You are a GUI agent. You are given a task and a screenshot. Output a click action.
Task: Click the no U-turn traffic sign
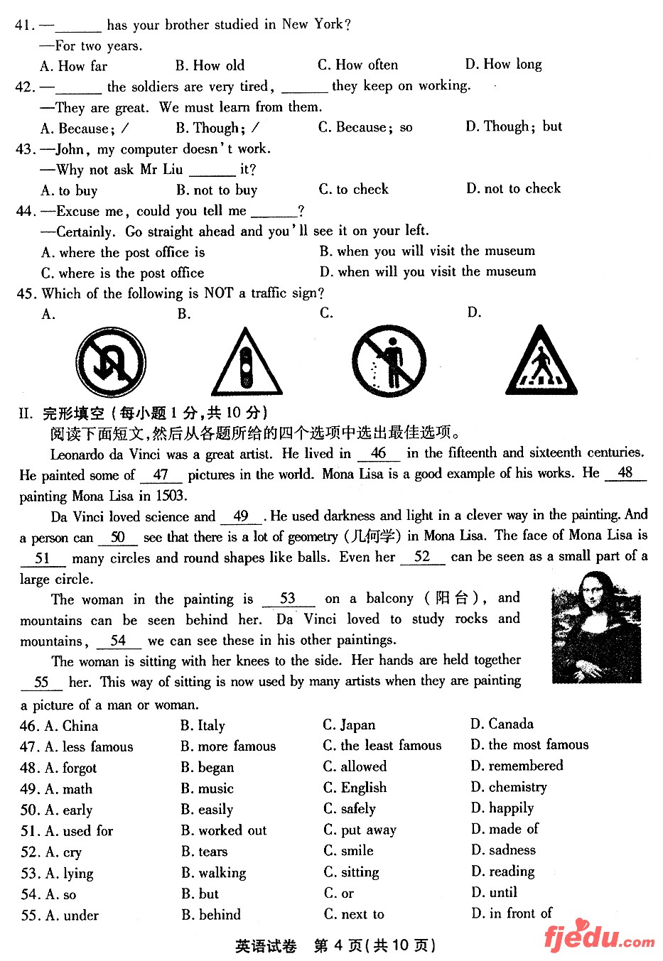click(x=111, y=362)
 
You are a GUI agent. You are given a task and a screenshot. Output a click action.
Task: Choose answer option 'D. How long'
click(x=503, y=65)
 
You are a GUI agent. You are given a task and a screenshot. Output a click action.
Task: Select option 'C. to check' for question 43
click(x=353, y=190)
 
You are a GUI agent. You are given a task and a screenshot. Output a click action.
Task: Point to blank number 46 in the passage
click(x=379, y=453)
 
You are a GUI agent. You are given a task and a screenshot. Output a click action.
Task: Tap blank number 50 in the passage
click(x=117, y=538)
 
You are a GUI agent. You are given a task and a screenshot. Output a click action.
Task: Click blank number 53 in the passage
click(x=288, y=599)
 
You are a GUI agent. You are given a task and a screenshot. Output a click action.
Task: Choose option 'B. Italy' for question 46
click(x=203, y=725)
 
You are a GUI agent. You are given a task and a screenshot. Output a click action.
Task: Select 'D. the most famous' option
click(x=529, y=744)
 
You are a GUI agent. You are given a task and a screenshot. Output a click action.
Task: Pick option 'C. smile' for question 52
click(x=348, y=850)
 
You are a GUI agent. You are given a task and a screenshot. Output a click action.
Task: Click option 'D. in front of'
click(x=511, y=913)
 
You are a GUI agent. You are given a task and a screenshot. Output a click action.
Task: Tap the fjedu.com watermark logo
click(x=598, y=936)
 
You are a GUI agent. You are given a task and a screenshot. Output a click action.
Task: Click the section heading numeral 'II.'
click(x=26, y=413)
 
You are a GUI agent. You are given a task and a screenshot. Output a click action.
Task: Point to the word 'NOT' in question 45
click(x=219, y=293)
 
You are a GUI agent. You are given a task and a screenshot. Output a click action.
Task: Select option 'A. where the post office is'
click(x=123, y=253)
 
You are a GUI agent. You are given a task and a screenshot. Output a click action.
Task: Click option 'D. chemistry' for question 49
click(x=509, y=787)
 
